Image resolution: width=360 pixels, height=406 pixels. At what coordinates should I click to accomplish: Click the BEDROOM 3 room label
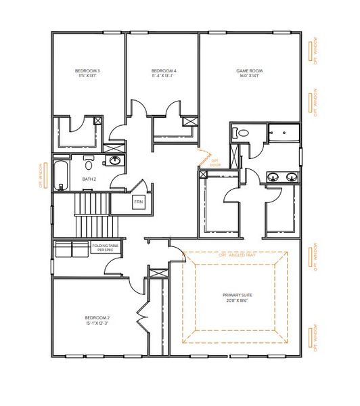coord(88,71)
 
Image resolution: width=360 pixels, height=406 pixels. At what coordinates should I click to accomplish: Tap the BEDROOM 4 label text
coord(164,71)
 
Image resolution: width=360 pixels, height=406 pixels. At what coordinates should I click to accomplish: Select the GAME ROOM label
coord(249,71)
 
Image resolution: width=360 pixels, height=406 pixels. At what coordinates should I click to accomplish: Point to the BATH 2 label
coord(89,179)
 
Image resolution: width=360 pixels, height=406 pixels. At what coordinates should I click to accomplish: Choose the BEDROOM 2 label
coord(97,317)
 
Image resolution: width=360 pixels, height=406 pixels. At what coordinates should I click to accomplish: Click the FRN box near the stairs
coord(138,202)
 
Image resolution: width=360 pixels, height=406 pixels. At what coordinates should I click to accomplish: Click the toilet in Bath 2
coord(89,164)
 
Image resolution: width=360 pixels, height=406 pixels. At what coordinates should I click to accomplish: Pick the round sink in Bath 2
coord(115,161)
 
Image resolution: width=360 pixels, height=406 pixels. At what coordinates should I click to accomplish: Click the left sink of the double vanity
coord(273,177)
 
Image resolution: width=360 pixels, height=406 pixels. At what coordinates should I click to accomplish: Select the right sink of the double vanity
coord(292,177)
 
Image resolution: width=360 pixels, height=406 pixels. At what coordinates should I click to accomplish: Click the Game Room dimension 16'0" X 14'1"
coord(249,76)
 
